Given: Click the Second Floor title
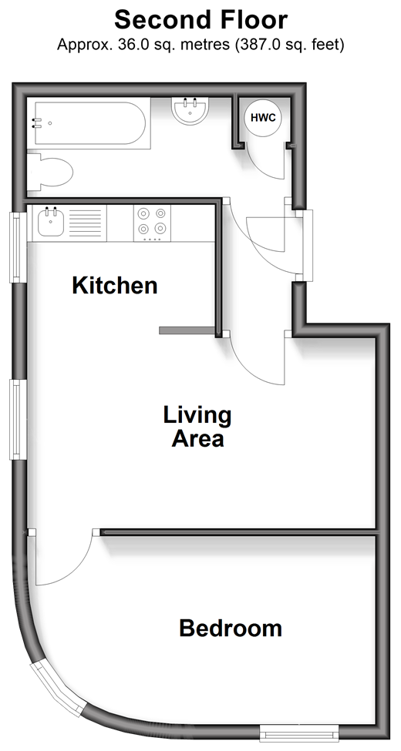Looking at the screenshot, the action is [x=200, y=20].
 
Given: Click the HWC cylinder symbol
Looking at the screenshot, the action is [x=263, y=117].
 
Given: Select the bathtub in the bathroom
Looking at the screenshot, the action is [x=89, y=123].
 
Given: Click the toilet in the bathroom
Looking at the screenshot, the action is [x=49, y=172].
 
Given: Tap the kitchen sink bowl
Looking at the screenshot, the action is [x=51, y=223].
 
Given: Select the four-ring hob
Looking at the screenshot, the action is [x=152, y=223].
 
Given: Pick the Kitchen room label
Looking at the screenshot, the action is [x=115, y=286].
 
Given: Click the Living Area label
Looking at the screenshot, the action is [x=197, y=427].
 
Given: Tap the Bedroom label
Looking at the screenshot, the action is [x=231, y=628].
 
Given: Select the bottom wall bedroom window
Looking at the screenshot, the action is [x=299, y=733].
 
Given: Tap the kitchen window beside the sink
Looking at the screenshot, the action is [x=19, y=247].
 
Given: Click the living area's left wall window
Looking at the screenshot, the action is [x=19, y=420].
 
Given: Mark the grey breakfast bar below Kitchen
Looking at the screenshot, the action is [x=187, y=330].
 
